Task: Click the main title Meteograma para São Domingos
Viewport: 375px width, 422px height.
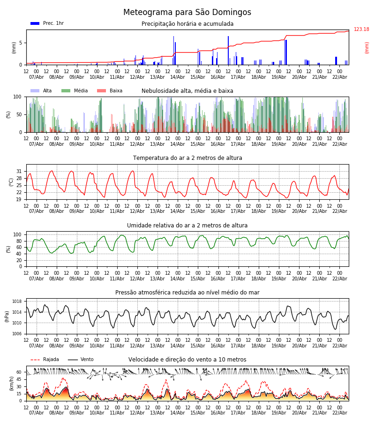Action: tap(187, 13)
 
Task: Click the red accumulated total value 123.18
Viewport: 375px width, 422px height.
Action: tap(361, 30)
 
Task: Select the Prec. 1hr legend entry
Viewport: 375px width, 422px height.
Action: tap(47, 23)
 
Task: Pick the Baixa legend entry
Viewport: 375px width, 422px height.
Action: tap(110, 91)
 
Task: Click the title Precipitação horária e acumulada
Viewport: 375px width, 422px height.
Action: tap(187, 24)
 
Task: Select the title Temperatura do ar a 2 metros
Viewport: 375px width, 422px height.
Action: tap(187, 158)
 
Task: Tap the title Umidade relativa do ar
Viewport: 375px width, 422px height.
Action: tap(187, 226)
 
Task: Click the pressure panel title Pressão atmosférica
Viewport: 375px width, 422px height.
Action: tap(187, 293)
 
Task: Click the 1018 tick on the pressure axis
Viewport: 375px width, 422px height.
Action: tap(17, 301)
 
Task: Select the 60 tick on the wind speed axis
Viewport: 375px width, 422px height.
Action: tap(19, 372)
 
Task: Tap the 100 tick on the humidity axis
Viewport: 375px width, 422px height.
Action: tap(18, 234)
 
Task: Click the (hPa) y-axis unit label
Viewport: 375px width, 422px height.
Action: tap(7, 316)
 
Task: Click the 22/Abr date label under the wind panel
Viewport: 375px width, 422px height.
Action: tap(339, 413)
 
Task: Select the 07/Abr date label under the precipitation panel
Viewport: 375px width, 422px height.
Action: tap(37, 77)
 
